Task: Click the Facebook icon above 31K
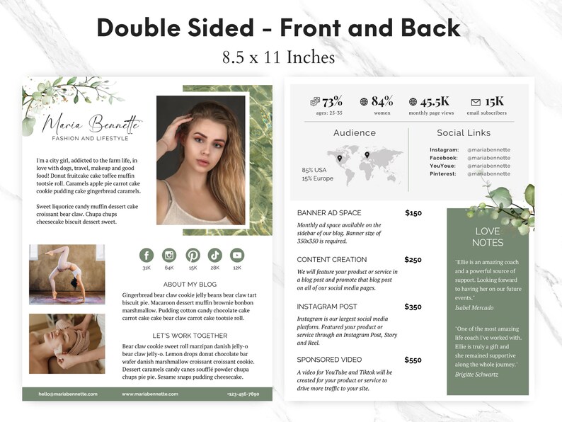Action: (x=147, y=256)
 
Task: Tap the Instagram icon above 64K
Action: (x=169, y=256)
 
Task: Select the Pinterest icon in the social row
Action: (x=193, y=256)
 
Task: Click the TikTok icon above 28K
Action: (x=215, y=256)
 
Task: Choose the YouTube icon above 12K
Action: (x=237, y=256)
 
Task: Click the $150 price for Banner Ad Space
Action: (x=413, y=212)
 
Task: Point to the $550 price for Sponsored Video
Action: (x=413, y=360)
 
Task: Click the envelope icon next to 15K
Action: (x=476, y=102)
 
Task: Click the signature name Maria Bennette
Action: (x=90, y=125)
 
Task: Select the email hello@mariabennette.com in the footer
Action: (x=68, y=394)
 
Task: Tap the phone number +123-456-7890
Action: (x=243, y=394)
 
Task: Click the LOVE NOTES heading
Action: (x=487, y=236)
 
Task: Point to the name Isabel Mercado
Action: (x=474, y=307)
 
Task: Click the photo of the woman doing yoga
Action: (x=67, y=274)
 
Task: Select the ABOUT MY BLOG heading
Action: (x=190, y=284)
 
